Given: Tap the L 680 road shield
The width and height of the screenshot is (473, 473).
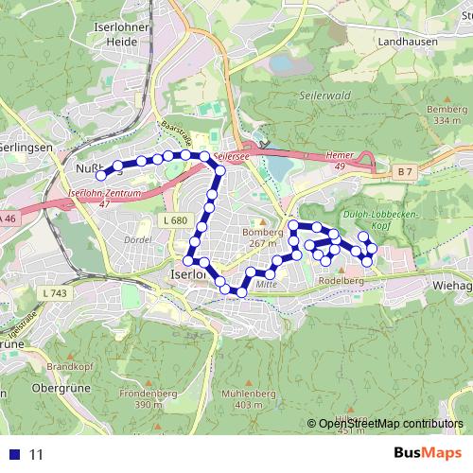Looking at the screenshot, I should [173, 220].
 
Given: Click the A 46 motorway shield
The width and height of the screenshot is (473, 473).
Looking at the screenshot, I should [9, 219].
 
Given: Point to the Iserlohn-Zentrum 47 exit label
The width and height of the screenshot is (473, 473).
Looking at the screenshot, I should [105, 197].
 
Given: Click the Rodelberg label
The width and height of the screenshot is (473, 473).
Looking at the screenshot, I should [342, 280].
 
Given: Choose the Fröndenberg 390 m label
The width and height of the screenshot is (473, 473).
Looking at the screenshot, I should [143, 397].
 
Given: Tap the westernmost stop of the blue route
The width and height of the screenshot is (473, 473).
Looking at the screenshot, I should [101, 174].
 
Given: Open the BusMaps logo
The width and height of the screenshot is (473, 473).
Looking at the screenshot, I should [428, 454].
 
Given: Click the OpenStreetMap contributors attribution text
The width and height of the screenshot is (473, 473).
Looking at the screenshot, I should [391, 424].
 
